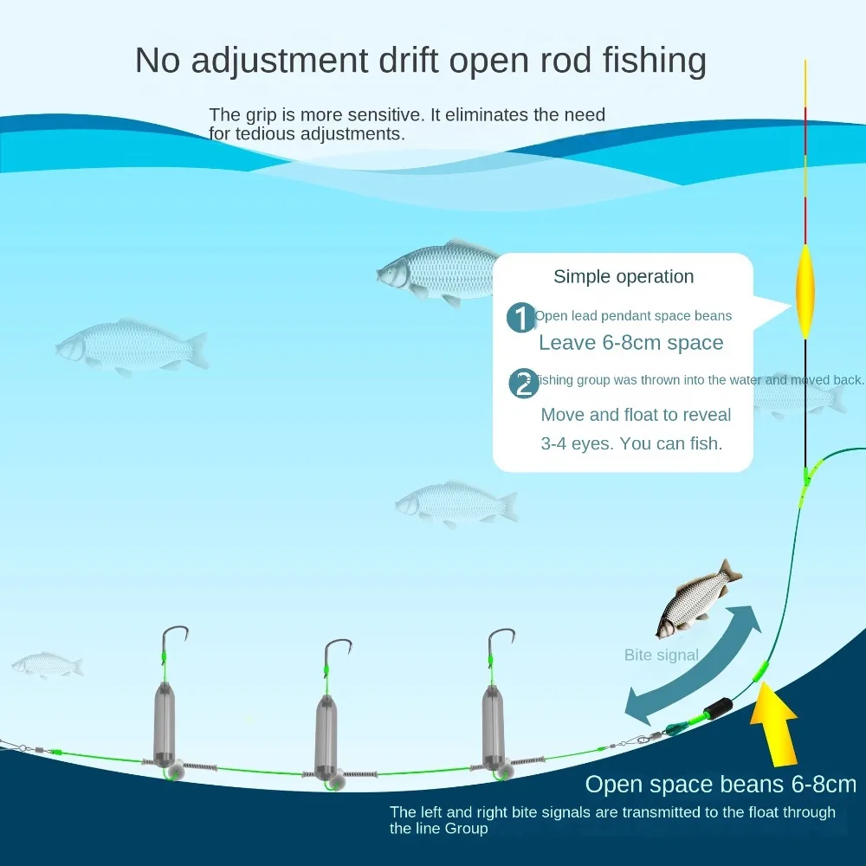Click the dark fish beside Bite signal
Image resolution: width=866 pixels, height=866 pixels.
[x=692, y=598]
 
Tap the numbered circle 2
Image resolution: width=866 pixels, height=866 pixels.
[x=523, y=383]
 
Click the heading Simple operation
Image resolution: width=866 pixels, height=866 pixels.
[x=624, y=277]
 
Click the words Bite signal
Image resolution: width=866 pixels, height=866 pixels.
[x=661, y=656]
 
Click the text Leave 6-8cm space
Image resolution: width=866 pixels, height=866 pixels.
[x=630, y=343]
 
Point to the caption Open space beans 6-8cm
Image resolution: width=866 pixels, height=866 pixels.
[x=721, y=785]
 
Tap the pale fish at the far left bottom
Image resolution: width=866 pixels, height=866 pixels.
[x=47, y=664]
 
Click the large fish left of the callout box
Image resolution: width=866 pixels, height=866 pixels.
[x=433, y=270]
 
